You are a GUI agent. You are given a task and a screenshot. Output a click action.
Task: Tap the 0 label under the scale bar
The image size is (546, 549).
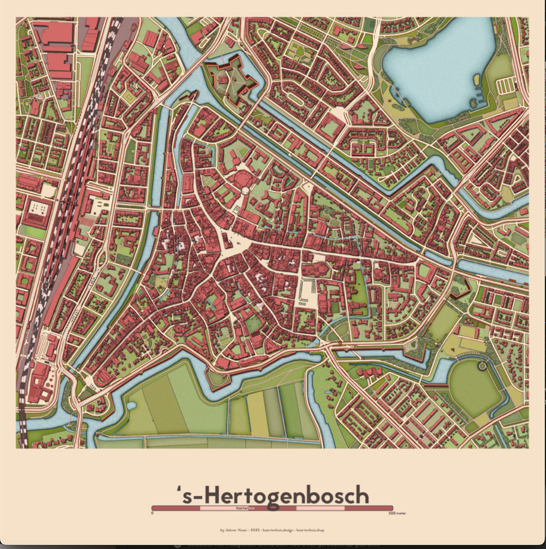tap(152, 513)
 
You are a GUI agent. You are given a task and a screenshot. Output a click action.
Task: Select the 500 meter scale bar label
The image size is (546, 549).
tap(397, 513)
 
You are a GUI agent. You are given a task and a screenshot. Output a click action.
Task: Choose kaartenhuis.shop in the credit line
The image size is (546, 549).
tap(310, 530)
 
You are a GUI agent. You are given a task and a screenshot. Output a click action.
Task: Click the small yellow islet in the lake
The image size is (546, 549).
tap(477, 79)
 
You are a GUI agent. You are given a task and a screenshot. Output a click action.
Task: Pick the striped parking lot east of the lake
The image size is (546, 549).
tap(506, 86)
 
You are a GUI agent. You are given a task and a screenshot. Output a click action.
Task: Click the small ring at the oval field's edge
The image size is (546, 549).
tap(482, 366)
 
